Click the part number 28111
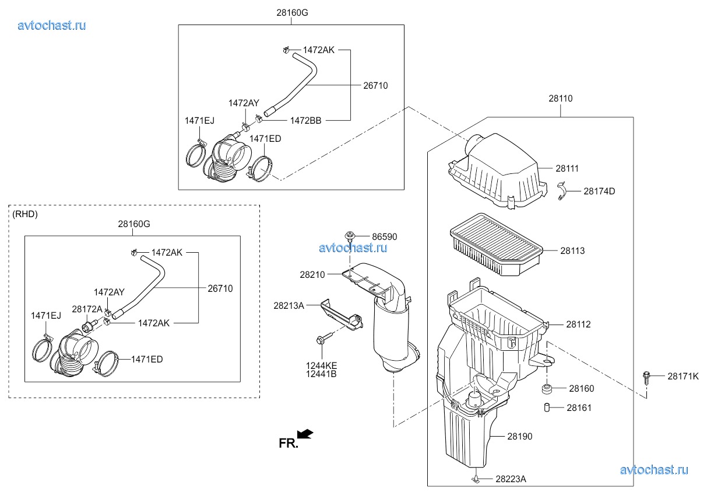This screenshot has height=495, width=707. pyautogui.click(x=567, y=169)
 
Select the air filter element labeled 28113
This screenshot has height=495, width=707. pyautogui.click(x=496, y=245)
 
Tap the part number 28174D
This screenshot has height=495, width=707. pyautogui.click(x=599, y=191)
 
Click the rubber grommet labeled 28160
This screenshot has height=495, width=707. pyautogui.click(x=547, y=389)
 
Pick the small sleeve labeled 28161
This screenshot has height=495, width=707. pyautogui.click(x=547, y=407)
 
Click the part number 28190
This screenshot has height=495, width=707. pyautogui.click(x=519, y=436)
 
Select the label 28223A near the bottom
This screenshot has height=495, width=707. pyautogui.click(x=511, y=479)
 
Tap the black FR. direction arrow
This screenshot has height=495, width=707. pyautogui.click(x=305, y=434)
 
